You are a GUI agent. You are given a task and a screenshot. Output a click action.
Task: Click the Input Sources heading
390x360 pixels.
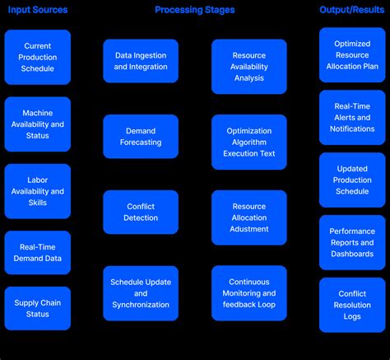pyautogui.click(x=38, y=10)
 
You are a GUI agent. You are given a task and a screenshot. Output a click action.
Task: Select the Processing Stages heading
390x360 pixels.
pyautogui.click(x=194, y=10)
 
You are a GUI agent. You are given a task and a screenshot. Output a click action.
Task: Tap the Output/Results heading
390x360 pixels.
pyautogui.click(x=352, y=10)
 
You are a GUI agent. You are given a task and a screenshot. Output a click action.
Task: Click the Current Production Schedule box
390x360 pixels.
pyautogui.click(x=38, y=57)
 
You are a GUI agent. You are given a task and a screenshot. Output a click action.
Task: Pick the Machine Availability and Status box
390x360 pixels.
pyautogui.click(x=38, y=124)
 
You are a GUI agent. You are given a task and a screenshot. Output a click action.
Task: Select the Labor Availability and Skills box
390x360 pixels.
pyautogui.click(x=38, y=191)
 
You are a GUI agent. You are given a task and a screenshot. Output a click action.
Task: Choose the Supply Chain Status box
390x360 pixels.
pyautogui.click(x=38, y=309)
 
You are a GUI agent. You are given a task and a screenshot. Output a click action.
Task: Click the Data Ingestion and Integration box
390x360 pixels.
pyautogui.click(x=141, y=60)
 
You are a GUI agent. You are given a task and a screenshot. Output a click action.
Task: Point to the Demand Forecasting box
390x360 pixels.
pyautogui.click(x=141, y=136)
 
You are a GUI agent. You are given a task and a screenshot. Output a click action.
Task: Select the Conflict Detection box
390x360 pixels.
pyautogui.click(x=141, y=212)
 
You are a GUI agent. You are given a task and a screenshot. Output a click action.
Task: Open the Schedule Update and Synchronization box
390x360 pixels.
pyautogui.click(x=141, y=292)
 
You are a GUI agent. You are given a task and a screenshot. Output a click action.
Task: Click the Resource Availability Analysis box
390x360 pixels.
pyautogui.click(x=249, y=66)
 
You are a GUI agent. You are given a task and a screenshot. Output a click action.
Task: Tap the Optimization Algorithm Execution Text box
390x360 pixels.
pyautogui.click(x=249, y=142)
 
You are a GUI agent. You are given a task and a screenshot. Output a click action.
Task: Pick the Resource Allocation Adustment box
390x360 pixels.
pyautogui.click(x=249, y=217)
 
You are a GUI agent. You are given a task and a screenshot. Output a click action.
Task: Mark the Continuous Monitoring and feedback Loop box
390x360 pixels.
pyautogui.click(x=249, y=292)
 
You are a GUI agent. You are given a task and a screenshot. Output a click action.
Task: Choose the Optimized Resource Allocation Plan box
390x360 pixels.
pyautogui.click(x=352, y=54)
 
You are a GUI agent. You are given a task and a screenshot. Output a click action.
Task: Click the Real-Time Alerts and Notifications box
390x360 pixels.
pyautogui.click(x=352, y=117)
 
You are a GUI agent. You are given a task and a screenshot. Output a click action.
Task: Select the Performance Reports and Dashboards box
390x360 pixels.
pyautogui.click(x=352, y=242)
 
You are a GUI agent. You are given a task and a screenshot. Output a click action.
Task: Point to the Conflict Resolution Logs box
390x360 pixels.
pyautogui.click(x=352, y=305)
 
